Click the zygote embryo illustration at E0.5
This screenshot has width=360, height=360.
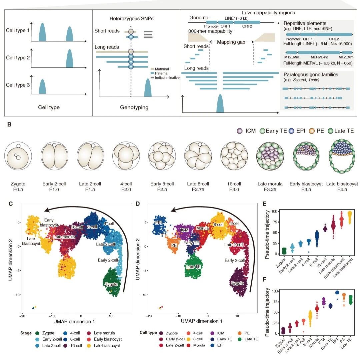click(x=18, y=156)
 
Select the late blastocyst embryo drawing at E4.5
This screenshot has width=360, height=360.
click(x=342, y=156)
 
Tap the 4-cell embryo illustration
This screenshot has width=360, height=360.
click(x=126, y=156)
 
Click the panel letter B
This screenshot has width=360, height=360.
click(x=9, y=124)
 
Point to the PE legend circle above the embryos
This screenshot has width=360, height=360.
click(x=312, y=131)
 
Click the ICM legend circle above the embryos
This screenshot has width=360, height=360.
click(x=240, y=131)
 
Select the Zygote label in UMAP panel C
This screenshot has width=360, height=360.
click(x=111, y=284)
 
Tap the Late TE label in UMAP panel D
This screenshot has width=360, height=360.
click(x=193, y=267)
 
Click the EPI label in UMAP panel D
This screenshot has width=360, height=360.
click(x=159, y=223)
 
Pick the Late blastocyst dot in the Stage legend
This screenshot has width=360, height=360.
click(x=89, y=346)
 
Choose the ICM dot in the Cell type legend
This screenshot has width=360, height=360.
click(x=212, y=333)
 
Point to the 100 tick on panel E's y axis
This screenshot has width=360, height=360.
click(x=274, y=211)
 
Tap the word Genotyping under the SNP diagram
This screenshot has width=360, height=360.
click(x=134, y=107)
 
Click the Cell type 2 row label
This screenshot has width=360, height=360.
click(x=18, y=57)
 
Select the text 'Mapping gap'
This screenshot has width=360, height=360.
click(x=231, y=42)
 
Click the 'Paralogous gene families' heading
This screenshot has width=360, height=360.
click(x=311, y=74)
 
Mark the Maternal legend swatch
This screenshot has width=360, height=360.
click(x=152, y=69)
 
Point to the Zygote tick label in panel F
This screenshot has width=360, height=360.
click(x=281, y=342)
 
